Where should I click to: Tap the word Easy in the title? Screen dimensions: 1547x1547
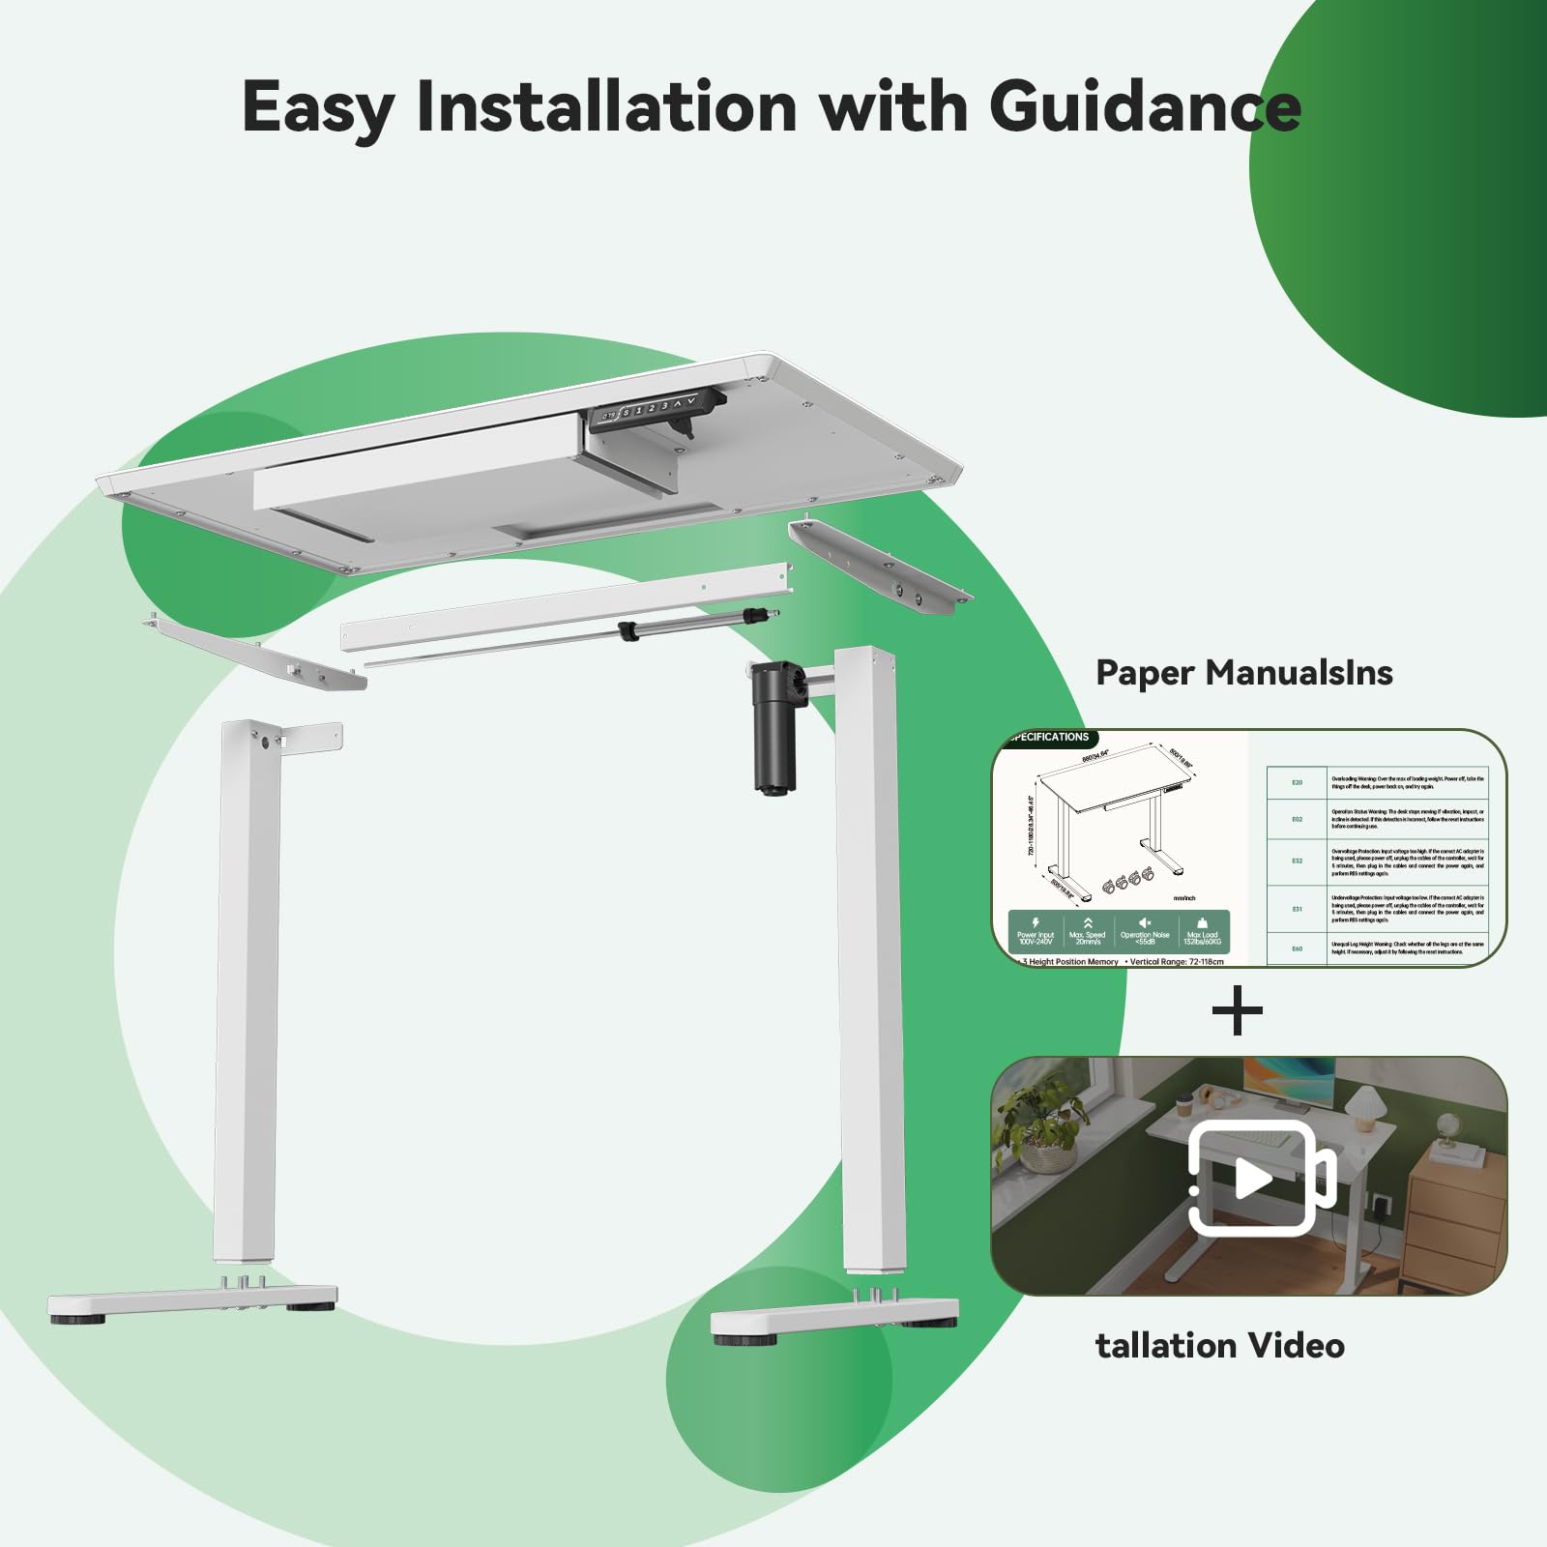(x=316, y=108)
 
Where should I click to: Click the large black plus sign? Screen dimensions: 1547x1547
(x=1238, y=1011)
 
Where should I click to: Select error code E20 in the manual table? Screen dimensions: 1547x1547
(x=1298, y=782)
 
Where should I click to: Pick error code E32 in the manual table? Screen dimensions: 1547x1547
(x=1298, y=861)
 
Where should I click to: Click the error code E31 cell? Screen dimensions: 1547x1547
(x=1298, y=909)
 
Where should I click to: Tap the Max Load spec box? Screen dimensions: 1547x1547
(x=1202, y=932)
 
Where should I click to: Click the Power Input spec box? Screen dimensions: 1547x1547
(x=1036, y=932)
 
